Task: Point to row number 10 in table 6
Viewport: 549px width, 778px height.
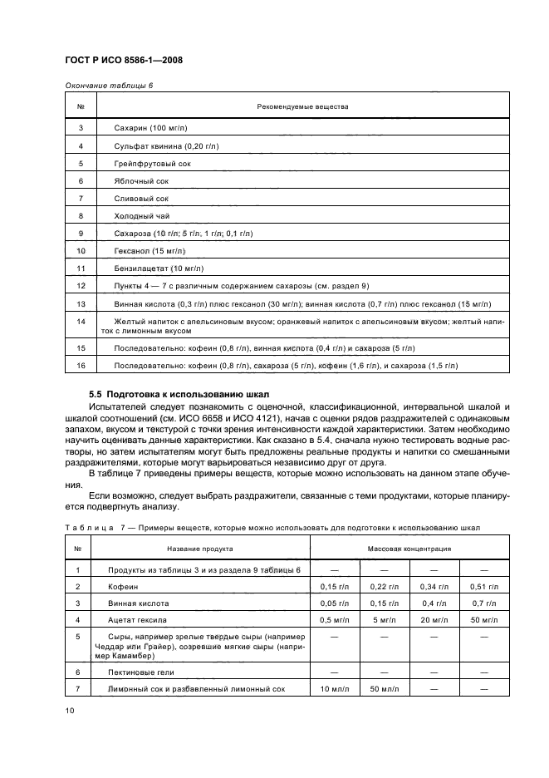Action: (81, 250)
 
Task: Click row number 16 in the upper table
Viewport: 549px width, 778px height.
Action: (81, 365)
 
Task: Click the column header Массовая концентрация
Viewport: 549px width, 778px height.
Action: (409, 549)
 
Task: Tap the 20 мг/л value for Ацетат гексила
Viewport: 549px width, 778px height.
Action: (434, 620)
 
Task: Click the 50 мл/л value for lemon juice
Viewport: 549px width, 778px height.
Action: (384, 690)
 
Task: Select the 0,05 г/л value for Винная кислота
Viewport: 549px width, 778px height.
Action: (335, 603)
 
